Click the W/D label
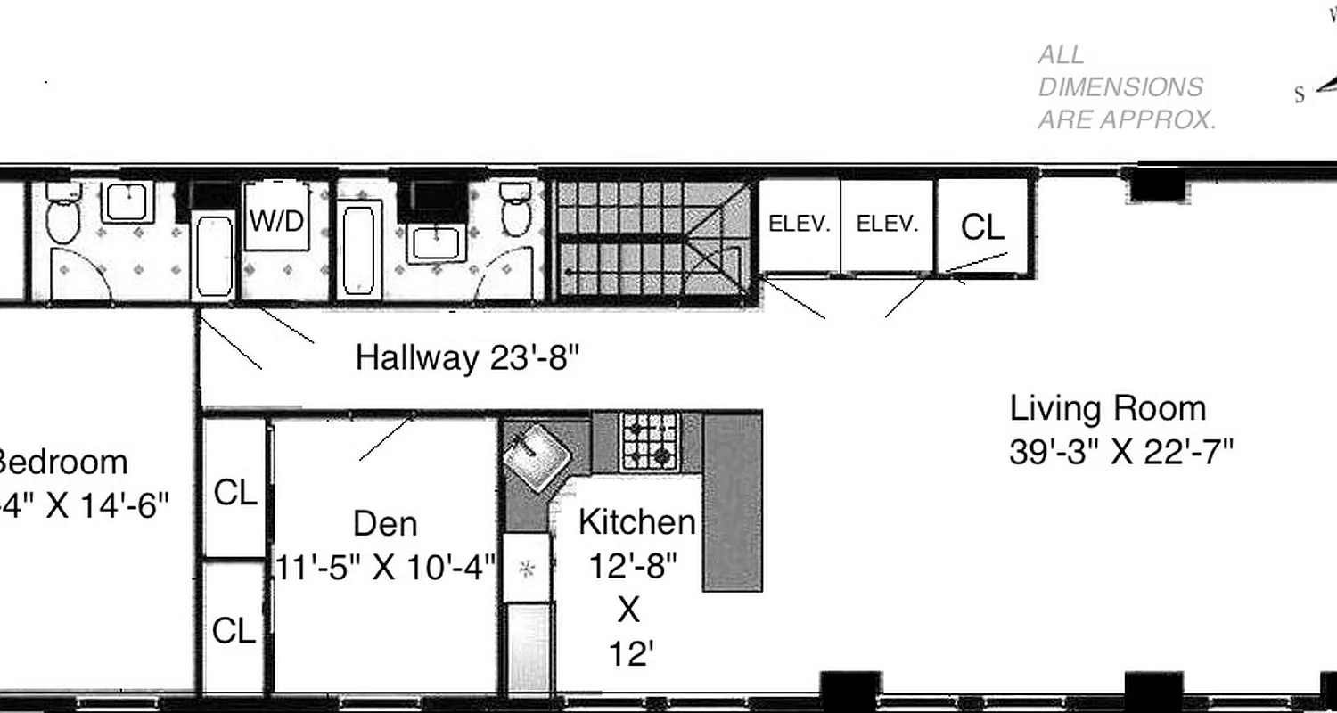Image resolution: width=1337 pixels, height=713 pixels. (x=276, y=221)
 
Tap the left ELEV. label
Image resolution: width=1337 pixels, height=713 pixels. (x=800, y=225)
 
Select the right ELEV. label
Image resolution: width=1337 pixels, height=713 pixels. (x=887, y=225)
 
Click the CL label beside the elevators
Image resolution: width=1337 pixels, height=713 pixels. (x=982, y=228)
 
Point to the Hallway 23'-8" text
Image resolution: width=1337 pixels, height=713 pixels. (x=467, y=358)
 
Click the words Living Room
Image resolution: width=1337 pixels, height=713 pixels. (x=1107, y=409)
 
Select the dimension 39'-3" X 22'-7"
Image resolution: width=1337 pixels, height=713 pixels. (x=1120, y=452)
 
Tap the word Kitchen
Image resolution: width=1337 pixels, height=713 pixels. (x=636, y=522)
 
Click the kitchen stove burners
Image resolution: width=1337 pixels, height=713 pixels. (x=649, y=441)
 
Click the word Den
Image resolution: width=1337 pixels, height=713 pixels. (x=385, y=523)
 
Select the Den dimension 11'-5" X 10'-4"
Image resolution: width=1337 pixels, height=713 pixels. (x=385, y=567)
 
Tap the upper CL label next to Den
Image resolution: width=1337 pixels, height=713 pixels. (x=235, y=493)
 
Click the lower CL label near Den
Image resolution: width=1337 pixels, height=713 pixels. (x=234, y=631)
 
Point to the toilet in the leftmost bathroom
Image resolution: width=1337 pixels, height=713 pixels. (x=63, y=215)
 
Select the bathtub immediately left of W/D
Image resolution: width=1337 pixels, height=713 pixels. (x=215, y=255)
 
